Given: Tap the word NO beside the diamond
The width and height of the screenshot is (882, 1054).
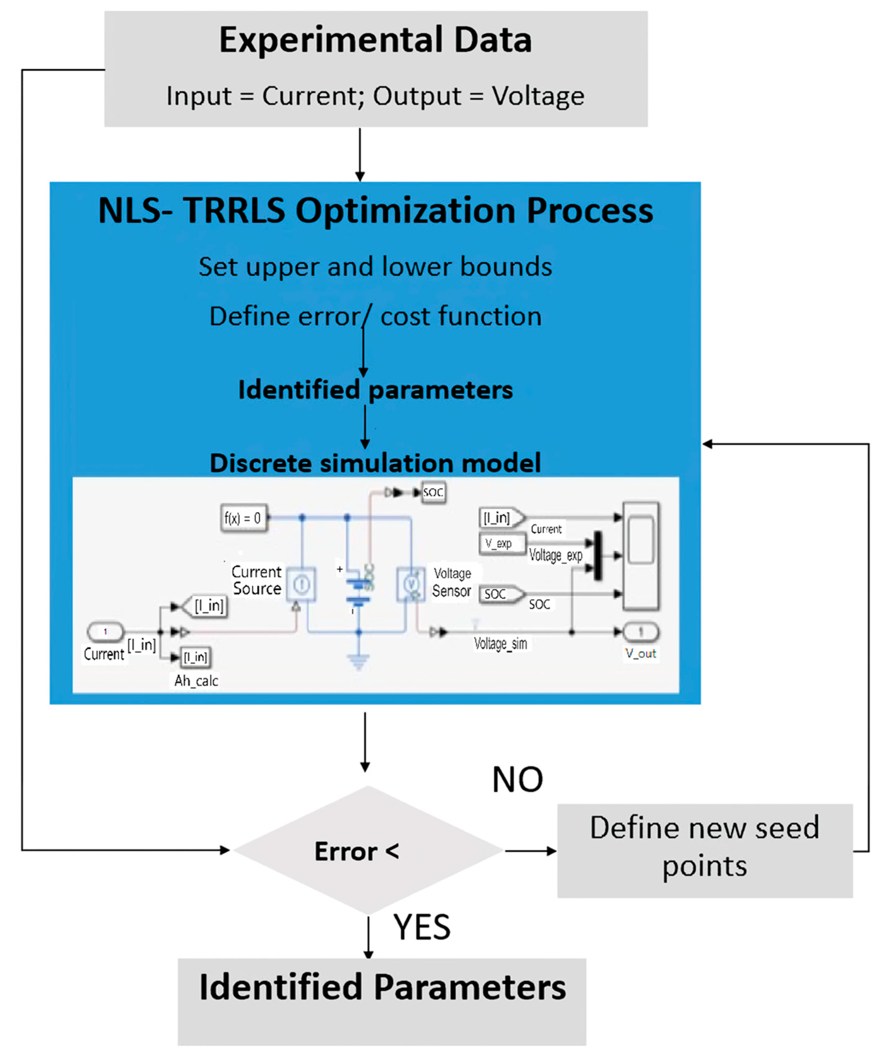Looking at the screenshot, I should (x=517, y=780).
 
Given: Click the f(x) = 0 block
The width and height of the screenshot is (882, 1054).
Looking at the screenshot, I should (x=244, y=518).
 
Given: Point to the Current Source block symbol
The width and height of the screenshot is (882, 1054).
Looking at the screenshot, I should (x=301, y=584).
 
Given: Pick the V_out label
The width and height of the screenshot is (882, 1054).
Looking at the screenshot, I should (x=640, y=653).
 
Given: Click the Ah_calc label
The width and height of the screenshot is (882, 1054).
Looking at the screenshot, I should (x=196, y=681).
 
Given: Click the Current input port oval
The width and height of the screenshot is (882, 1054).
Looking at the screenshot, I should (x=105, y=632).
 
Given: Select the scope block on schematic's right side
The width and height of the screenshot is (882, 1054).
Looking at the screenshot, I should (x=641, y=556).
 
